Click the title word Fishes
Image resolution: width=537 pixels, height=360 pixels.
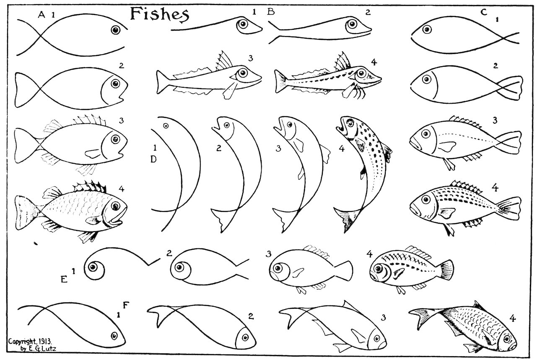[159, 14]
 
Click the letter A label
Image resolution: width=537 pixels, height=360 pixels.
[42, 15]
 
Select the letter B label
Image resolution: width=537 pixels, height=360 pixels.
[271, 12]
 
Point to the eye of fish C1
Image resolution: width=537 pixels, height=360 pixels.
[427, 30]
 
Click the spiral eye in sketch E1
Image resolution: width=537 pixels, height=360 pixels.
[96, 267]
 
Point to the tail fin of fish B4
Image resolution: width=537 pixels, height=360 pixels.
[280, 78]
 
